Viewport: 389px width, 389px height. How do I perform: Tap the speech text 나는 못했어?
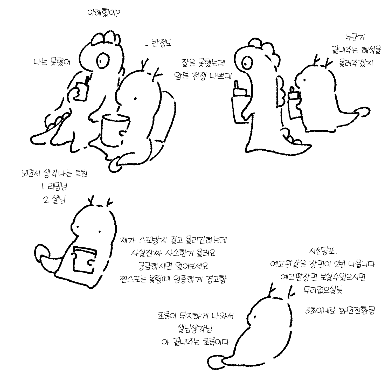(52, 62)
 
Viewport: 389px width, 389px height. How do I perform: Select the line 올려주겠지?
(356, 63)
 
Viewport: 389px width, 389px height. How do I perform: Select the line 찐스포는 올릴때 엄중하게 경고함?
(173, 280)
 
